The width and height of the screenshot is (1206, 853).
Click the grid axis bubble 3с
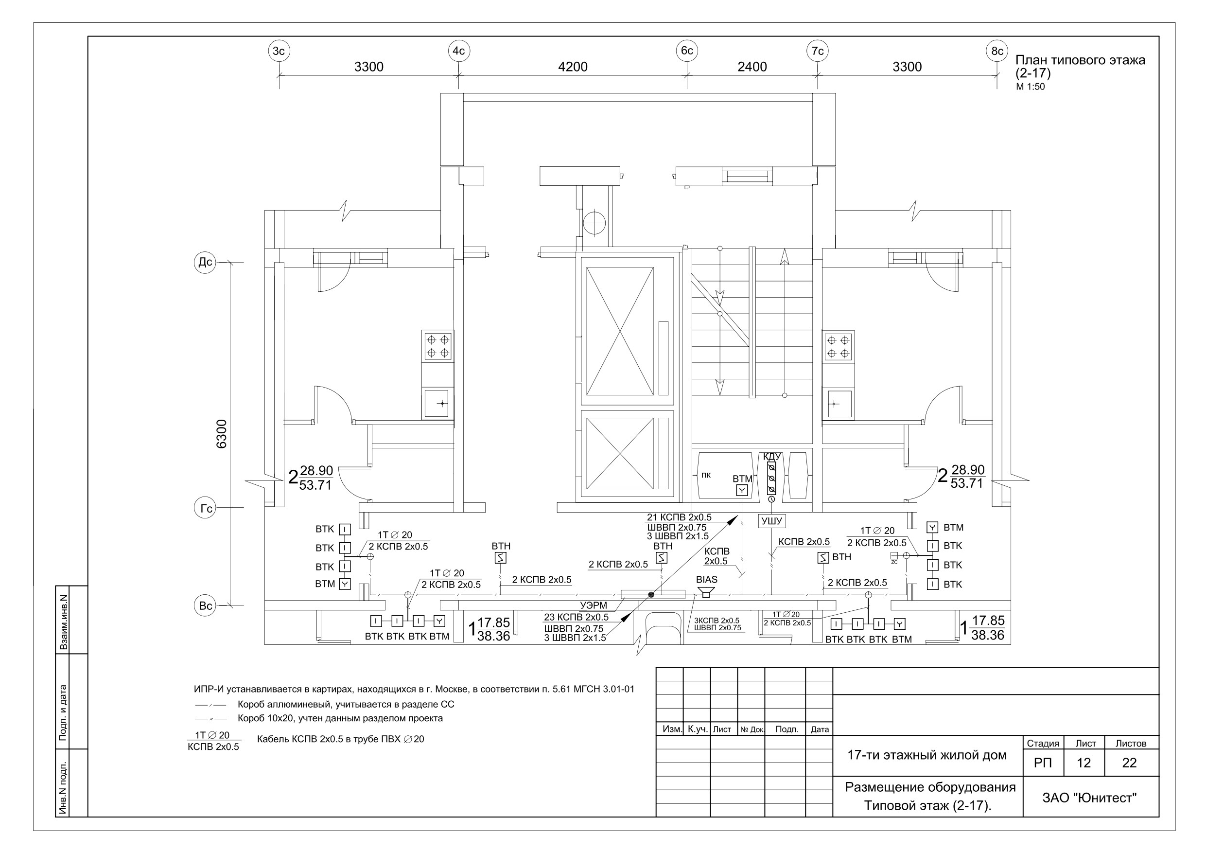point(279,51)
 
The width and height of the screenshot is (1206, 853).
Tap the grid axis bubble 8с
point(997,51)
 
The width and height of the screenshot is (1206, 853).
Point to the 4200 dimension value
point(573,67)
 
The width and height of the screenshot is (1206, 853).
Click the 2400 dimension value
point(752,67)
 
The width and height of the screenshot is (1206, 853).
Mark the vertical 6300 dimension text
point(222,434)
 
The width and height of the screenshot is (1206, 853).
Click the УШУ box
point(771,521)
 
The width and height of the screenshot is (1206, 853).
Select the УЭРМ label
point(593,605)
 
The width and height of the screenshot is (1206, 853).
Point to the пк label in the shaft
point(706,475)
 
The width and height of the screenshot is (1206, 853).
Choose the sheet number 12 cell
point(1084,763)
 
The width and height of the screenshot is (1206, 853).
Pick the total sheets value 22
point(1129,763)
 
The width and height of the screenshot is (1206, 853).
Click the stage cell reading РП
point(1043,763)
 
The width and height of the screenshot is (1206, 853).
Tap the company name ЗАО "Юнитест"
point(1089,798)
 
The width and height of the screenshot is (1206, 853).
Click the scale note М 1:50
point(1030,87)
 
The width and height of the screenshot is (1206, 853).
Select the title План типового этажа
point(1080,60)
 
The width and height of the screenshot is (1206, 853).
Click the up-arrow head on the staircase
point(785,256)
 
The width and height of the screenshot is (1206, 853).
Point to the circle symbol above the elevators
point(594,223)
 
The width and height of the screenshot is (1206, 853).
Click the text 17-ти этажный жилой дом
point(926,755)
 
